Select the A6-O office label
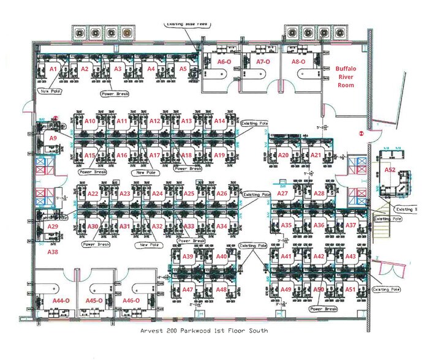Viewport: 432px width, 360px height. click(224, 62)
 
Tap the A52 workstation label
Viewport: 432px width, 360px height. click(389, 169)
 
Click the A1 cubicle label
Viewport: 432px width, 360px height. click(53, 69)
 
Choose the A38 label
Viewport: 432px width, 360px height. click(53, 252)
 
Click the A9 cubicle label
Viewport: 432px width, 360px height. click(53, 139)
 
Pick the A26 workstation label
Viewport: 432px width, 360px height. click(222, 194)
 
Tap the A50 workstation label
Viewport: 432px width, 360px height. click(319, 289)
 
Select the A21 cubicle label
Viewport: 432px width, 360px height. click(316, 156)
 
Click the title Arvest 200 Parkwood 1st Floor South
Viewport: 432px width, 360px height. click(204, 331)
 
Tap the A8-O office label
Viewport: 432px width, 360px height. click(298, 62)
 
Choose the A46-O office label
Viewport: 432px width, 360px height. click(132, 301)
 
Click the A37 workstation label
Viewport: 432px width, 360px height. click(351, 225)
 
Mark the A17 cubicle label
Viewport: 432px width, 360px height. click(154, 156)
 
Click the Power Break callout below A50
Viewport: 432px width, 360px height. click(324, 309)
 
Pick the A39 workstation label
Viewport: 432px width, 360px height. click(189, 256)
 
